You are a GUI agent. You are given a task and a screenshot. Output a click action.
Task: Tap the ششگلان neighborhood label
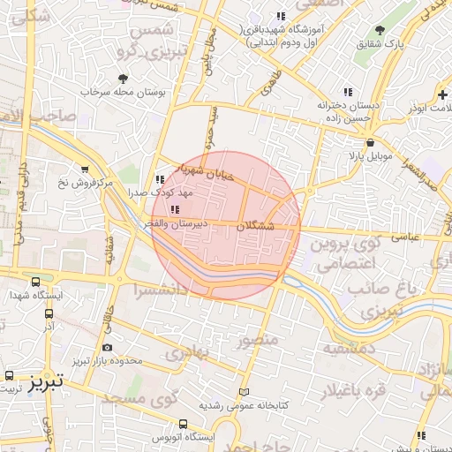(x=257, y=225)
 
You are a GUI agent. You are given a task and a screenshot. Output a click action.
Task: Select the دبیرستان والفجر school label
(x=176, y=224)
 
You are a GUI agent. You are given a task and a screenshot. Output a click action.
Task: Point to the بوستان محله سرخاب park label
(x=123, y=91)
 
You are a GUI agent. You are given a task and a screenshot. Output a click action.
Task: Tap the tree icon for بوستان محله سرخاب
(x=123, y=78)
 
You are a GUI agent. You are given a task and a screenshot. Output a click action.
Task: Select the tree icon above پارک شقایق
(x=380, y=29)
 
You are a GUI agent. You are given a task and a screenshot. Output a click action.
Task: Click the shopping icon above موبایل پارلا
(x=368, y=142)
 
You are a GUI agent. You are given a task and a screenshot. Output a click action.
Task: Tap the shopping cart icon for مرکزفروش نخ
(x=85, y=169)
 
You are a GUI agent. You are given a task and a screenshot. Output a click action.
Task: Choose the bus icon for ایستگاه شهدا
(x=35, y=282)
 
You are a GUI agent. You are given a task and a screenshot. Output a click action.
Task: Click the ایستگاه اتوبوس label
(x=183, y=439)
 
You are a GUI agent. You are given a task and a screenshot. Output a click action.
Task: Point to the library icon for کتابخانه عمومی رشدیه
(x=245, y=393)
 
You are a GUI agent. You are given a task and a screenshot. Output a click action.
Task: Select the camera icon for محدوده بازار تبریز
(x=108, y=348)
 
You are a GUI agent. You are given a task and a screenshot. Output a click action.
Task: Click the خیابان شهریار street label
(x=204, y=169)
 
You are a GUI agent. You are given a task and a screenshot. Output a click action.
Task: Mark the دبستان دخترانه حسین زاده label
(x=349, y=109)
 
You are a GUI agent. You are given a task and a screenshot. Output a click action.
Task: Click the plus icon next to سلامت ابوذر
(x=441, y=94)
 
